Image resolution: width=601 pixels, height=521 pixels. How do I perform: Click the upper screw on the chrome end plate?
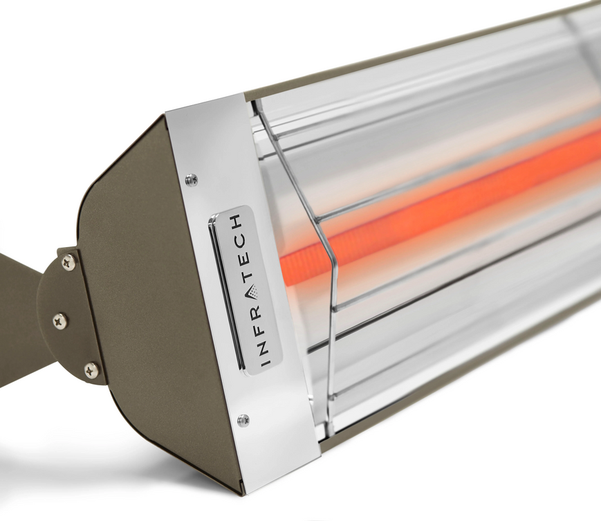192,180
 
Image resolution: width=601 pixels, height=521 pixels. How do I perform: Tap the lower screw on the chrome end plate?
243,420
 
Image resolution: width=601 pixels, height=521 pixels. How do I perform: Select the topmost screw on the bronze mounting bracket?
68,262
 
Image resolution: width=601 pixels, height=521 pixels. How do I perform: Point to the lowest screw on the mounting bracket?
91,370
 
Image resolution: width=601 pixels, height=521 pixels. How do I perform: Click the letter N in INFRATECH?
260,345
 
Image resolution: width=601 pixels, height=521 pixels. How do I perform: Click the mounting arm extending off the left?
17,304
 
